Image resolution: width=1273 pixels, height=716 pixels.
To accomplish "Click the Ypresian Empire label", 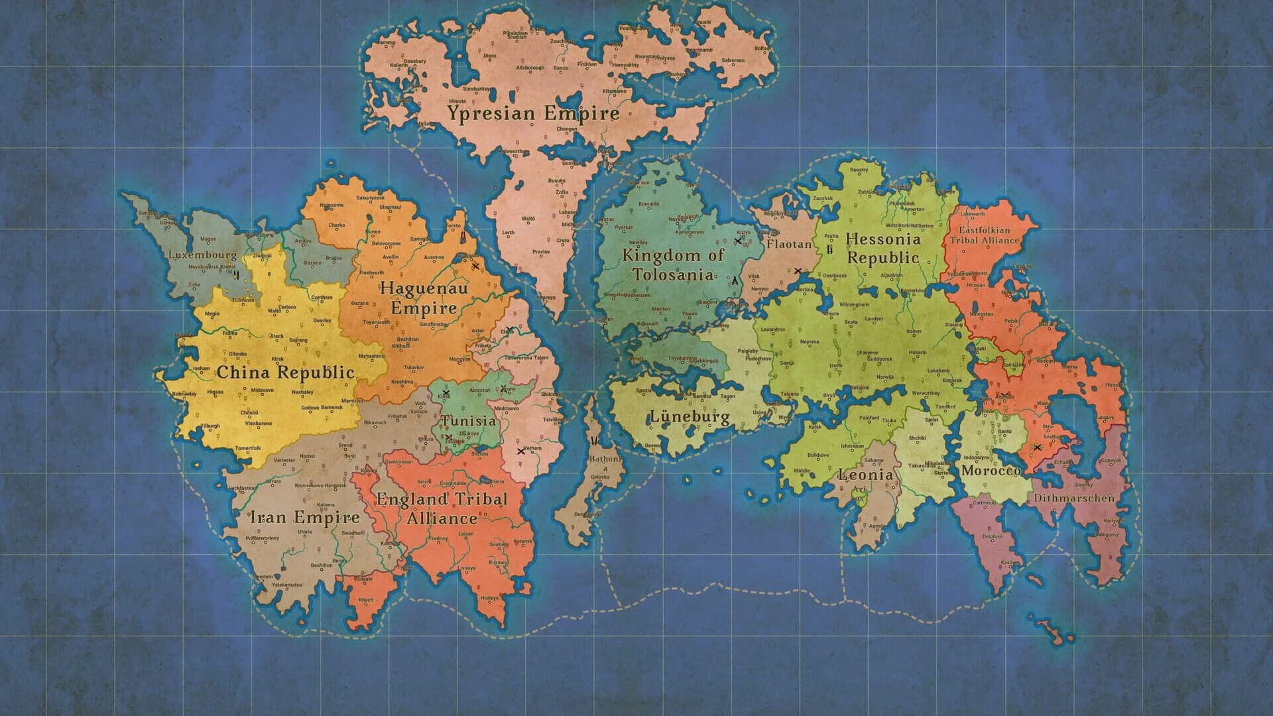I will coord(533,113).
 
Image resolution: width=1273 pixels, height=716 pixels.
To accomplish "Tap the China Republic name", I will coord(286,373).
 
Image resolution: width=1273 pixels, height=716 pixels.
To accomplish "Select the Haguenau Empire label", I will coord(424,298).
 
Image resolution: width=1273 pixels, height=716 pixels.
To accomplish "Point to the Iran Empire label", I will coord(304,518).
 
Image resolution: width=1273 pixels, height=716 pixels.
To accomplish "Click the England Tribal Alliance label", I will coord(442,508).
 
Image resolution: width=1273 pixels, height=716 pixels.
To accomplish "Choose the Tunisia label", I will coord(469,421).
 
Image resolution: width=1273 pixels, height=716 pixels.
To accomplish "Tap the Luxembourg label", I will coord(202,255).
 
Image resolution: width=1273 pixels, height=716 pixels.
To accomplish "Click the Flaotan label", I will coord(789,245).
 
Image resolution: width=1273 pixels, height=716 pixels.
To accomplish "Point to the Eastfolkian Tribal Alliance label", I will coord(985,235).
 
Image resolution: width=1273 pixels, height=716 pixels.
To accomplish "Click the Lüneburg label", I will coord(690,417).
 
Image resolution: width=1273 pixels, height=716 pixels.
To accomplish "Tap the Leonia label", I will coord(866,475).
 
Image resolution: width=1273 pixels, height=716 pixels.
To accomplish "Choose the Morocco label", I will coord(991,471).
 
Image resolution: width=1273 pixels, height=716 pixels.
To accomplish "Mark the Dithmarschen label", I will coord(1073,497).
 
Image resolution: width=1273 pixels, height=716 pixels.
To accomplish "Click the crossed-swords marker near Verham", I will coord(520,451).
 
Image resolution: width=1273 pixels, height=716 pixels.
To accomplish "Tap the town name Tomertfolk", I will coord(249,449).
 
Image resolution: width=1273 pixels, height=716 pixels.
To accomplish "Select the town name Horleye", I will coord(490,598).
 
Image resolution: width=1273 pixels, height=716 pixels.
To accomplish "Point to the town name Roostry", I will coord(859,170).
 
